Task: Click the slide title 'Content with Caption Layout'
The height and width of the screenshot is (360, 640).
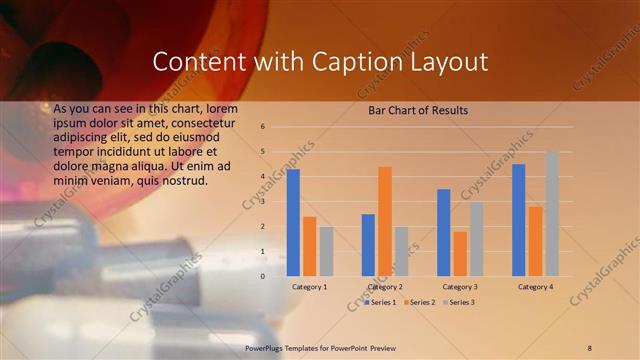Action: pos(320,62)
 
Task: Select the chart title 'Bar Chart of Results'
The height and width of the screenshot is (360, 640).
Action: pos(418,109)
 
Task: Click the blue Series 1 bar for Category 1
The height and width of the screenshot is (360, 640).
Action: pos(293,222)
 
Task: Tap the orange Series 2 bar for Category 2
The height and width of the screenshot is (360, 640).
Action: pos(385,221)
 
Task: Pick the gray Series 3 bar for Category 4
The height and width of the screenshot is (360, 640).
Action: pos(552,214)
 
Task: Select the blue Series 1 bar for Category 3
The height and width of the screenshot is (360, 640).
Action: pos(443,232)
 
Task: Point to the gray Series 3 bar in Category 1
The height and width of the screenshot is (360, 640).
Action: pos(326,251)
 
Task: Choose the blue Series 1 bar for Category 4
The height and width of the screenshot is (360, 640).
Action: pos(518,220)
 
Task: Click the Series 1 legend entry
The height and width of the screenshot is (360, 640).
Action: pos(381,302)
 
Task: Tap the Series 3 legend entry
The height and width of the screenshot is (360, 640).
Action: pos(458,302)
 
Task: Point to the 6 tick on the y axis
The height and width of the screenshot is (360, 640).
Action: pos(262,127)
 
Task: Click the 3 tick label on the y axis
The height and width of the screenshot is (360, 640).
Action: pos(262,201)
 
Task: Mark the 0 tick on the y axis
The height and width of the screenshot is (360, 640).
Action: pos(262,276)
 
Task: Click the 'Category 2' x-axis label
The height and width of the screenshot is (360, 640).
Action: pos(385,287)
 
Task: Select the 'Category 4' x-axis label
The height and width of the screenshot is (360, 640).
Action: pos(535,287)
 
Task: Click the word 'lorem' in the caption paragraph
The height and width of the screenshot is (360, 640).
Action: pos(224,107)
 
